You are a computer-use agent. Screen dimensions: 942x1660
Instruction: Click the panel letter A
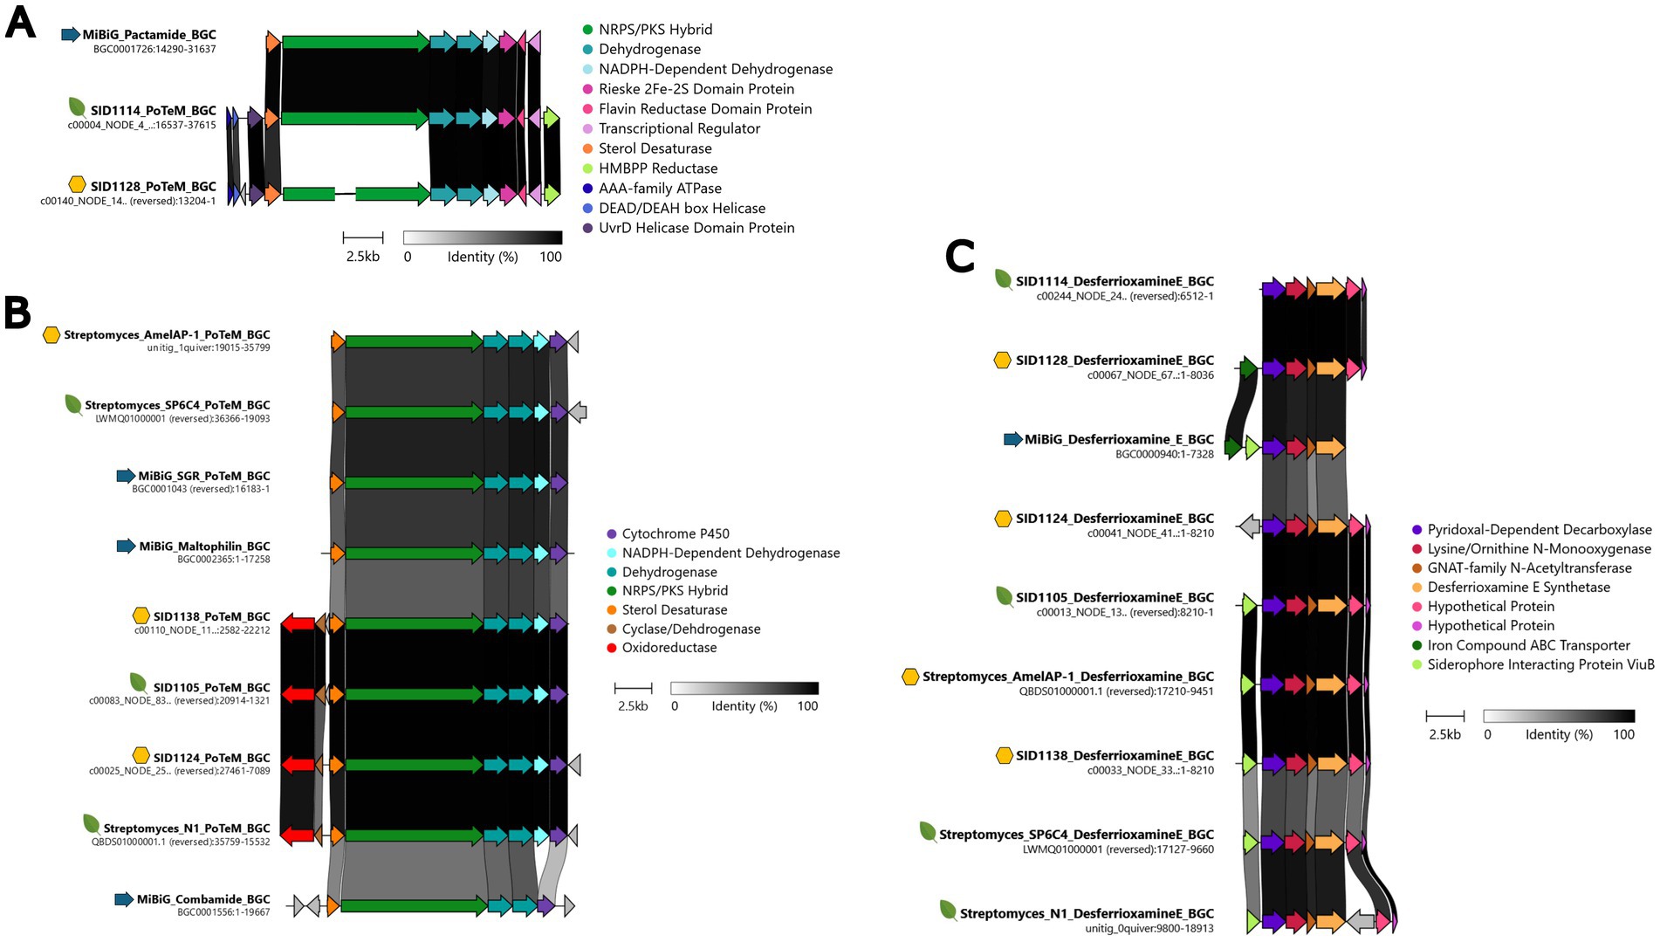point(20,23)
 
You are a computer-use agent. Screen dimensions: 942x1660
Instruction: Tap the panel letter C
point(960,257)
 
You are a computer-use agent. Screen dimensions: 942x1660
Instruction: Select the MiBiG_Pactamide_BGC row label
point(149,35)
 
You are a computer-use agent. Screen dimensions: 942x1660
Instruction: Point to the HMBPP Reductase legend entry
point(657,168)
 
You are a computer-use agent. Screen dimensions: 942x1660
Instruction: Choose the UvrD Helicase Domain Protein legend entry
point(696,228)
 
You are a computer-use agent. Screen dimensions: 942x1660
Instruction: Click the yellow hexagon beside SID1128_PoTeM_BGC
point(78,185)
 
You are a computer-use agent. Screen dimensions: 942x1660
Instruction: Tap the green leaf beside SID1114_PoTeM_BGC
point(78,108)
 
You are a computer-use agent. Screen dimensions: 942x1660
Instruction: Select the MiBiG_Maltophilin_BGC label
point(204,547)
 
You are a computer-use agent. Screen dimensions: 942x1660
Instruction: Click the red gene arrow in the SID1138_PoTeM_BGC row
point(298,623)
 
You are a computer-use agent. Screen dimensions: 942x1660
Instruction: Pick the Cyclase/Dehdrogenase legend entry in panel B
point(690,629)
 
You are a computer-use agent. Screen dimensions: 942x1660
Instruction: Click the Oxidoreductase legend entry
point(669,648)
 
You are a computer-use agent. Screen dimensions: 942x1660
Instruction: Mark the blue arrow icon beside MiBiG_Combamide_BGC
point(124,899)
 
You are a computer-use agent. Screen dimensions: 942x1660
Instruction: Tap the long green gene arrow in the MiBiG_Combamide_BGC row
point(413,905)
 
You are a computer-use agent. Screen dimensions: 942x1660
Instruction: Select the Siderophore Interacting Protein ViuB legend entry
point(1540,664)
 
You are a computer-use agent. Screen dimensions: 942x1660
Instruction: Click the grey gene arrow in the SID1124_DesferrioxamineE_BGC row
point(1250,526)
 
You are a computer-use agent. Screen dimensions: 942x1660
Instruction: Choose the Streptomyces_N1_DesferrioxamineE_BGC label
point(1087,914)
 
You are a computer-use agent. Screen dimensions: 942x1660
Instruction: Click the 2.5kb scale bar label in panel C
point(1444,734)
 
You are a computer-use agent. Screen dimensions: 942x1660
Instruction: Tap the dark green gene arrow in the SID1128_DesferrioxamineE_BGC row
point(1248,368)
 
